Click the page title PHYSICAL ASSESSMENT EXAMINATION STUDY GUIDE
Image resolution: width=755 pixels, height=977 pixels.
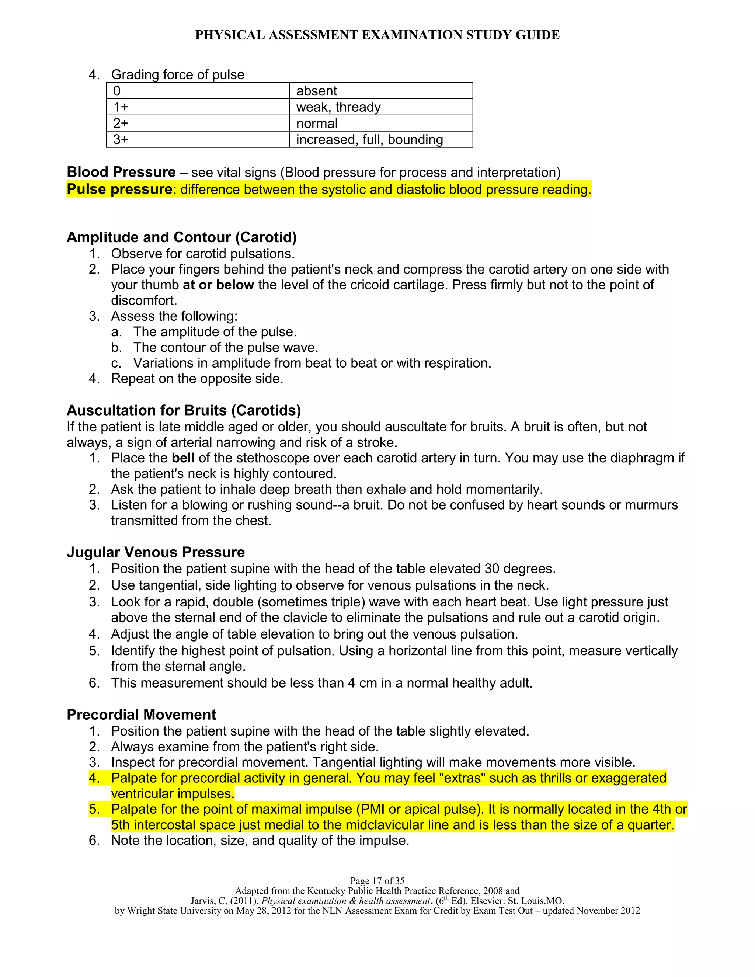tap(377, 35)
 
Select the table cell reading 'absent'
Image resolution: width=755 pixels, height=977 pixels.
tap(316, 91)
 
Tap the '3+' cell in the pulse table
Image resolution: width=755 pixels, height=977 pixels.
tap(121, 140)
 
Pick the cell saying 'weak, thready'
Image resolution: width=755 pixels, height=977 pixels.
tap(338, 107)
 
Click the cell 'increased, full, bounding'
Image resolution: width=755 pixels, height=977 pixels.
tap(369, 140)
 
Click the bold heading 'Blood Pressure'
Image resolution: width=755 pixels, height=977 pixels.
tap(121, 172)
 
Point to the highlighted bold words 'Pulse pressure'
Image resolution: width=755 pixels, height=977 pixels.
tap(119, 189)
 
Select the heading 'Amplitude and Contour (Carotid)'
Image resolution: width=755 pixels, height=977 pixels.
tap(182, 237)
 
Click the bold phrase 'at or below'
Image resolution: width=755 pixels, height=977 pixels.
tap(218, 285)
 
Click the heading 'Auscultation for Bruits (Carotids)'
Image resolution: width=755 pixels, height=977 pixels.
tap(183, 410)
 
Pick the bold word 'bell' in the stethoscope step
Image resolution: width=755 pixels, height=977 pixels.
tap(183, 458)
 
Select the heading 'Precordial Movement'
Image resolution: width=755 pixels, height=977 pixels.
tap(141, 715)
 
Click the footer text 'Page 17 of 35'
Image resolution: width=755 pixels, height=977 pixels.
tap(377, 881)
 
